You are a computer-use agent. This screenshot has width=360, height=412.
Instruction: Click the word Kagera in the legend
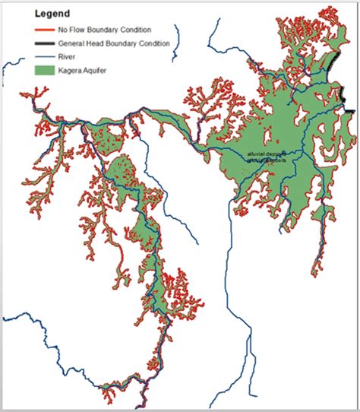pyautogui.click(x=71, y=70)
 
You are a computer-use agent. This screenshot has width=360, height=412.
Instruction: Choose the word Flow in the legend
pyautogui.click(x=78, y=29)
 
